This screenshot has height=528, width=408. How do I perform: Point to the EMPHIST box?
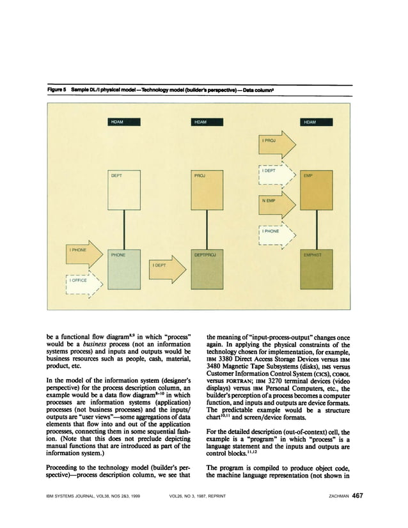click(x=315, y=271)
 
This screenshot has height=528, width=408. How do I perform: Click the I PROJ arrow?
click(x=274, y=141)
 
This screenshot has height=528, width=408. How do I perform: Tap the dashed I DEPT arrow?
click(x=274, y=172)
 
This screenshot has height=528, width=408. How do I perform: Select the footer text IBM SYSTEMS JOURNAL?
click(x=75, y=496)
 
